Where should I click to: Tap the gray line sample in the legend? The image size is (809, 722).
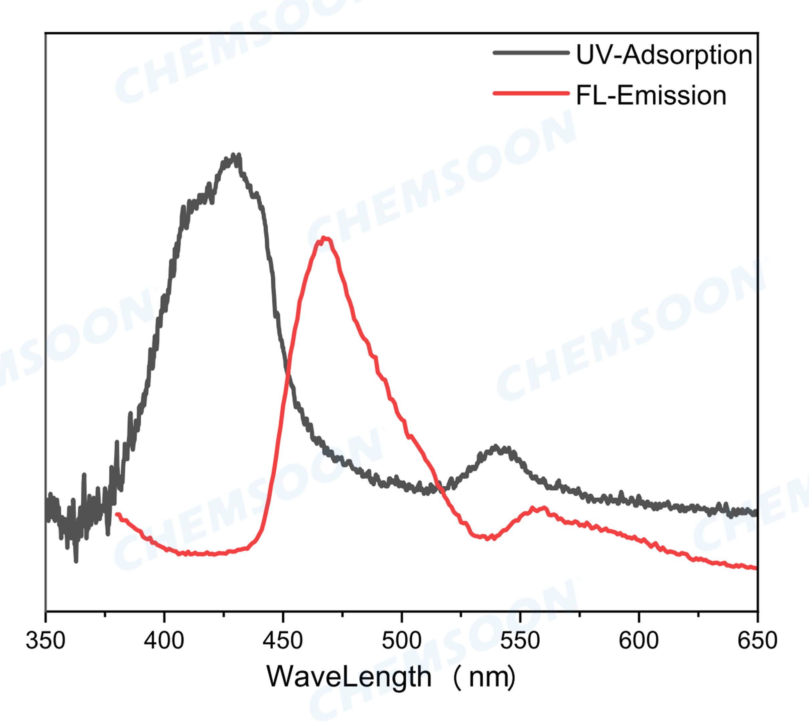531,53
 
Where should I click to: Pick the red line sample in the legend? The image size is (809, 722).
531,94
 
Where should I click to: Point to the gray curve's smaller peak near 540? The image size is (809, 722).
496,447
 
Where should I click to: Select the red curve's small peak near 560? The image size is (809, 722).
543,508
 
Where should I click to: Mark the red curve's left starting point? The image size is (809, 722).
117,514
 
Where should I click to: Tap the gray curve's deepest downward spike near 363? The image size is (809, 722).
76,561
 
